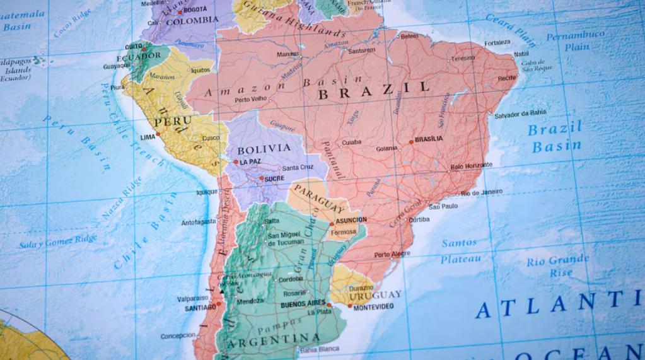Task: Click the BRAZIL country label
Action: [x=373, y=91]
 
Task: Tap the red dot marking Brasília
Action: [x=411, y=142]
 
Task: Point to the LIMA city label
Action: [x=147, y=136]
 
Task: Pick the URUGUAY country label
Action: [x=375, y=294]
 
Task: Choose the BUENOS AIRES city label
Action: [x=302, y=304]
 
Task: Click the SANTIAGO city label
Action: [x=200, y=308]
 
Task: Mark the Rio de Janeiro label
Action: [x=482, y=192]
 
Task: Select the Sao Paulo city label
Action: [x=443, y=206]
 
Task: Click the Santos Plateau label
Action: [x=460, y=251]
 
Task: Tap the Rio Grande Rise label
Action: [x=558, y=266]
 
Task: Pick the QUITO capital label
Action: [x=132, y=46]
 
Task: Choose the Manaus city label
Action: [x=288, y=54]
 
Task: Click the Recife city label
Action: [x=506, y=79]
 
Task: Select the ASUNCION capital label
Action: [x=351, y=220]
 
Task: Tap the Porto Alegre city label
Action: [x=392, y=255]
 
